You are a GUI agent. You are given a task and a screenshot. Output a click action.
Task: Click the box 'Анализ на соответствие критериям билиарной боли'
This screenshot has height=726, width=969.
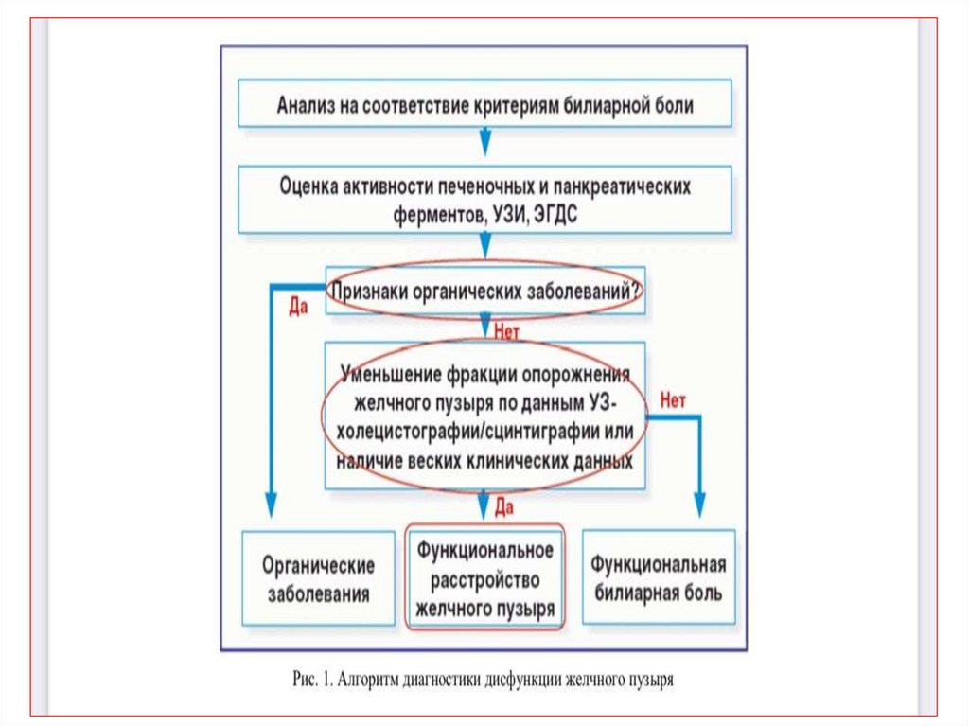(x=484, y=104)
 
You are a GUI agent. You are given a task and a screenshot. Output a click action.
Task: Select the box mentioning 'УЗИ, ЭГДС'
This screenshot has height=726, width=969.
(x=484, y=201)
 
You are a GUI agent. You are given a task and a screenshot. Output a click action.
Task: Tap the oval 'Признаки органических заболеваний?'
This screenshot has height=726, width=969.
(x=484, y=292)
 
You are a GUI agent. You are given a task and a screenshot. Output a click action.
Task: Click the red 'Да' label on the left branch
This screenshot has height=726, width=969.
(x=298, y=307)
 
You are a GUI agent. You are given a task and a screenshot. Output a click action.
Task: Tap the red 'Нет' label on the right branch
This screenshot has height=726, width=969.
(x=673, y=399)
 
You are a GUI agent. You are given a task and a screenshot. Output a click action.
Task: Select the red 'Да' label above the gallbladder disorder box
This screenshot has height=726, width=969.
(x=504, y=508)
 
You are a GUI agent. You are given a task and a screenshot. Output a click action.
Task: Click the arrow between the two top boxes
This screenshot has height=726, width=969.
(x=484, y=142)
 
